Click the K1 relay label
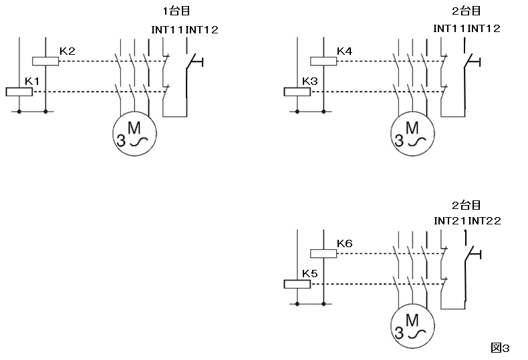tap(31, 81)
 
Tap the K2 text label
tap(67, 51)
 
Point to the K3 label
tap(309, 81)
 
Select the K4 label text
tap(345, 51)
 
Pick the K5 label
tap(309, 273)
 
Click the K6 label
tap(345, 243)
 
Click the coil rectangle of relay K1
tap(19, 92)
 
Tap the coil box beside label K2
tap(45, 61)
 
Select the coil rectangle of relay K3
tap(297, 92)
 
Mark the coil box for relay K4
tap(323, 61)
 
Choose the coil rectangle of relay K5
tap(297, 284)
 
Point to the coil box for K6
tap(323, 253)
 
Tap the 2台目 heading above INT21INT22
tap(466, 205)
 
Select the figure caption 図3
tap(500, 347)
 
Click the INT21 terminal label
tap(450, 220)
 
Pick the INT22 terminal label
tap(484, 220)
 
